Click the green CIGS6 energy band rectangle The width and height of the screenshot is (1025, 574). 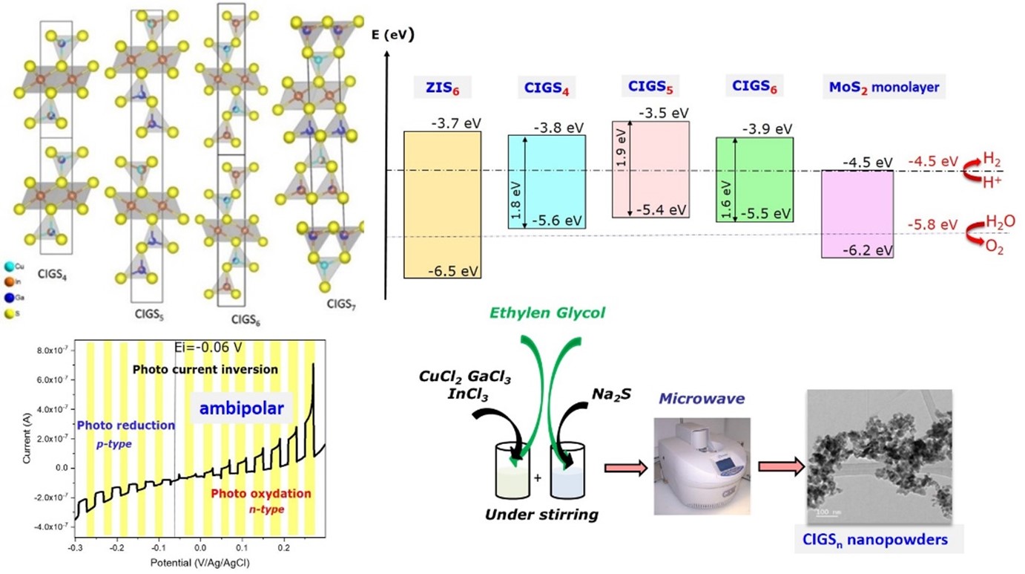754,179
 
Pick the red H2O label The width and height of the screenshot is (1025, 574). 1000,221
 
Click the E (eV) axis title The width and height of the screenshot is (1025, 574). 392,36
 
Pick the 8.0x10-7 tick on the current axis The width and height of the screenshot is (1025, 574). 55,350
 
